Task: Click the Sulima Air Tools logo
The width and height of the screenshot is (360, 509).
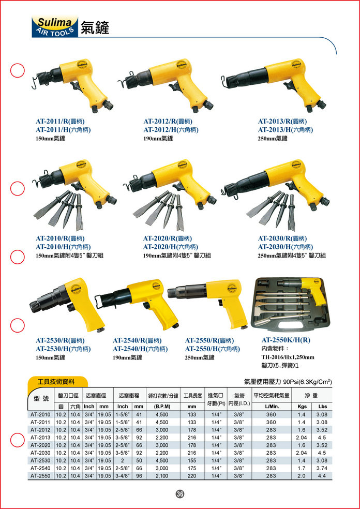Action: click(x=55, y=26)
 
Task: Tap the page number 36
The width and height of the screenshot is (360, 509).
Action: click(x=180, y=494)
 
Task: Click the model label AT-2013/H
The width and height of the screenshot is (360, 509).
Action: click(x=286, y=130)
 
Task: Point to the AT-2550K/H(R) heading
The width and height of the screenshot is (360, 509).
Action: click(x=286, y=340)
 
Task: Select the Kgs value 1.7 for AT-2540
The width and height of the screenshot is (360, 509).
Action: click(x=299, y=469)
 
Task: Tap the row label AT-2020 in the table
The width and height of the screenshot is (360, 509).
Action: click(x=40, y=445)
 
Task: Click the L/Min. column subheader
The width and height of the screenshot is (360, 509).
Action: click(x=271, y=407)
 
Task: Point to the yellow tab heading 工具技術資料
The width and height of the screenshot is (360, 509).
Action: click(x=56, y=382)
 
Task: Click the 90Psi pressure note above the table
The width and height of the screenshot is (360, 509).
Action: click(x=288, y=382)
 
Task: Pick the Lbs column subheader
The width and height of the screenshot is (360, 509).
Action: click(x=322, y=407)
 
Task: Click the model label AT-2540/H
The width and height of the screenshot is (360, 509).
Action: click(x=140, y=349)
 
